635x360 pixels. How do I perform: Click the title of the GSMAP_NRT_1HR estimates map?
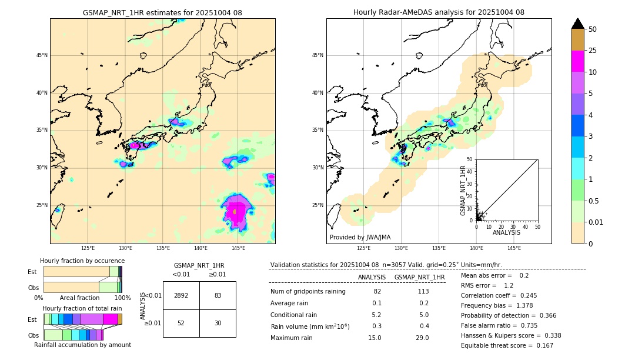162,13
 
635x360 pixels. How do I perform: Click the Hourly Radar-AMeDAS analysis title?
439,12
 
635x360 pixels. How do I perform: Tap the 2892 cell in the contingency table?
181,295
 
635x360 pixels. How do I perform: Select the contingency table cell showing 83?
218,295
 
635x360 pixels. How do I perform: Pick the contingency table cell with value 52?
181,323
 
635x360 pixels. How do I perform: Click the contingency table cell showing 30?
218,323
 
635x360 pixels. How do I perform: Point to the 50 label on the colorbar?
593,29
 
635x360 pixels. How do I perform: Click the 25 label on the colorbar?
593,51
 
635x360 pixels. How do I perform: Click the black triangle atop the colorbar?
578,24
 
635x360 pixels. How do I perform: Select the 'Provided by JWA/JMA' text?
360,237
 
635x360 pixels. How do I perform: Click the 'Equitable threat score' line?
507,345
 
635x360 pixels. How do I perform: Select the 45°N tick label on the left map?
42,55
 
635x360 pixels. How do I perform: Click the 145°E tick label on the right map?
514,248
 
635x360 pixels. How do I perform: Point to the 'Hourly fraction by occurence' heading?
82,261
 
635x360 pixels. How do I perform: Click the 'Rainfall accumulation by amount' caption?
82,345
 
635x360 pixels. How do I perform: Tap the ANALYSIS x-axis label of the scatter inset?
506,232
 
